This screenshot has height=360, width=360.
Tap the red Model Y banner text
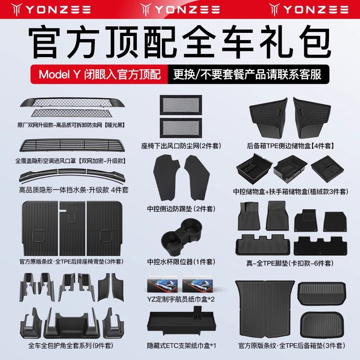coord(100,74)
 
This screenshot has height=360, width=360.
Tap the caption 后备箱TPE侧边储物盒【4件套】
coord(293,145)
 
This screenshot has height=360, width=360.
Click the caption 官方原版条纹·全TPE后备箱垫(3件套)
coord(293,346)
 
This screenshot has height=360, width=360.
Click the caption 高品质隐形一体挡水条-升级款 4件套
coord(73,190)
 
